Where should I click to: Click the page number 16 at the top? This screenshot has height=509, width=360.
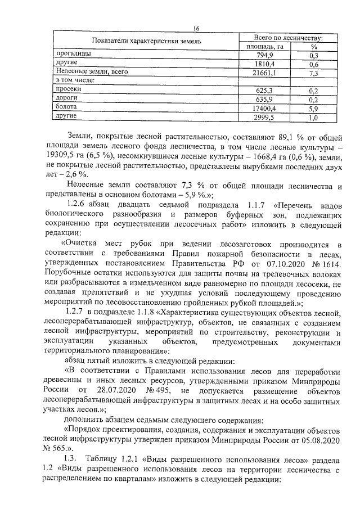pyautogui.click(x=196, y=29)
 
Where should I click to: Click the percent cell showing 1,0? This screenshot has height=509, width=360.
pyautogui.click(x=314, y=118)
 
